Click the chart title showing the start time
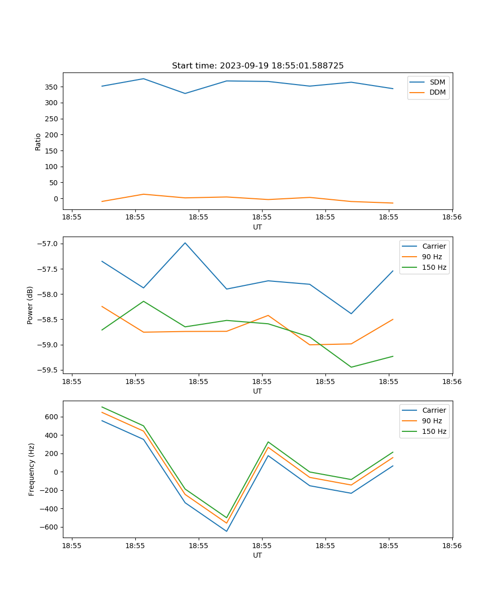click(258, 66)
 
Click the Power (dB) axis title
click(30, 305)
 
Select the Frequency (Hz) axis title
click(32, 469)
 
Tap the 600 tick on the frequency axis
click(52, 417)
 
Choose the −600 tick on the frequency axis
click(50, 527)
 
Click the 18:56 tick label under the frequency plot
click(452, 545)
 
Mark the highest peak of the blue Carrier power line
click(185, 243)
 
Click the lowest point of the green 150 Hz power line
click(351, 367)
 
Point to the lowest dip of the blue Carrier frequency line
click(226, 531)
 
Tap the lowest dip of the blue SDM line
click(185, 93)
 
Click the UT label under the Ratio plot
click(258, 227)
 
